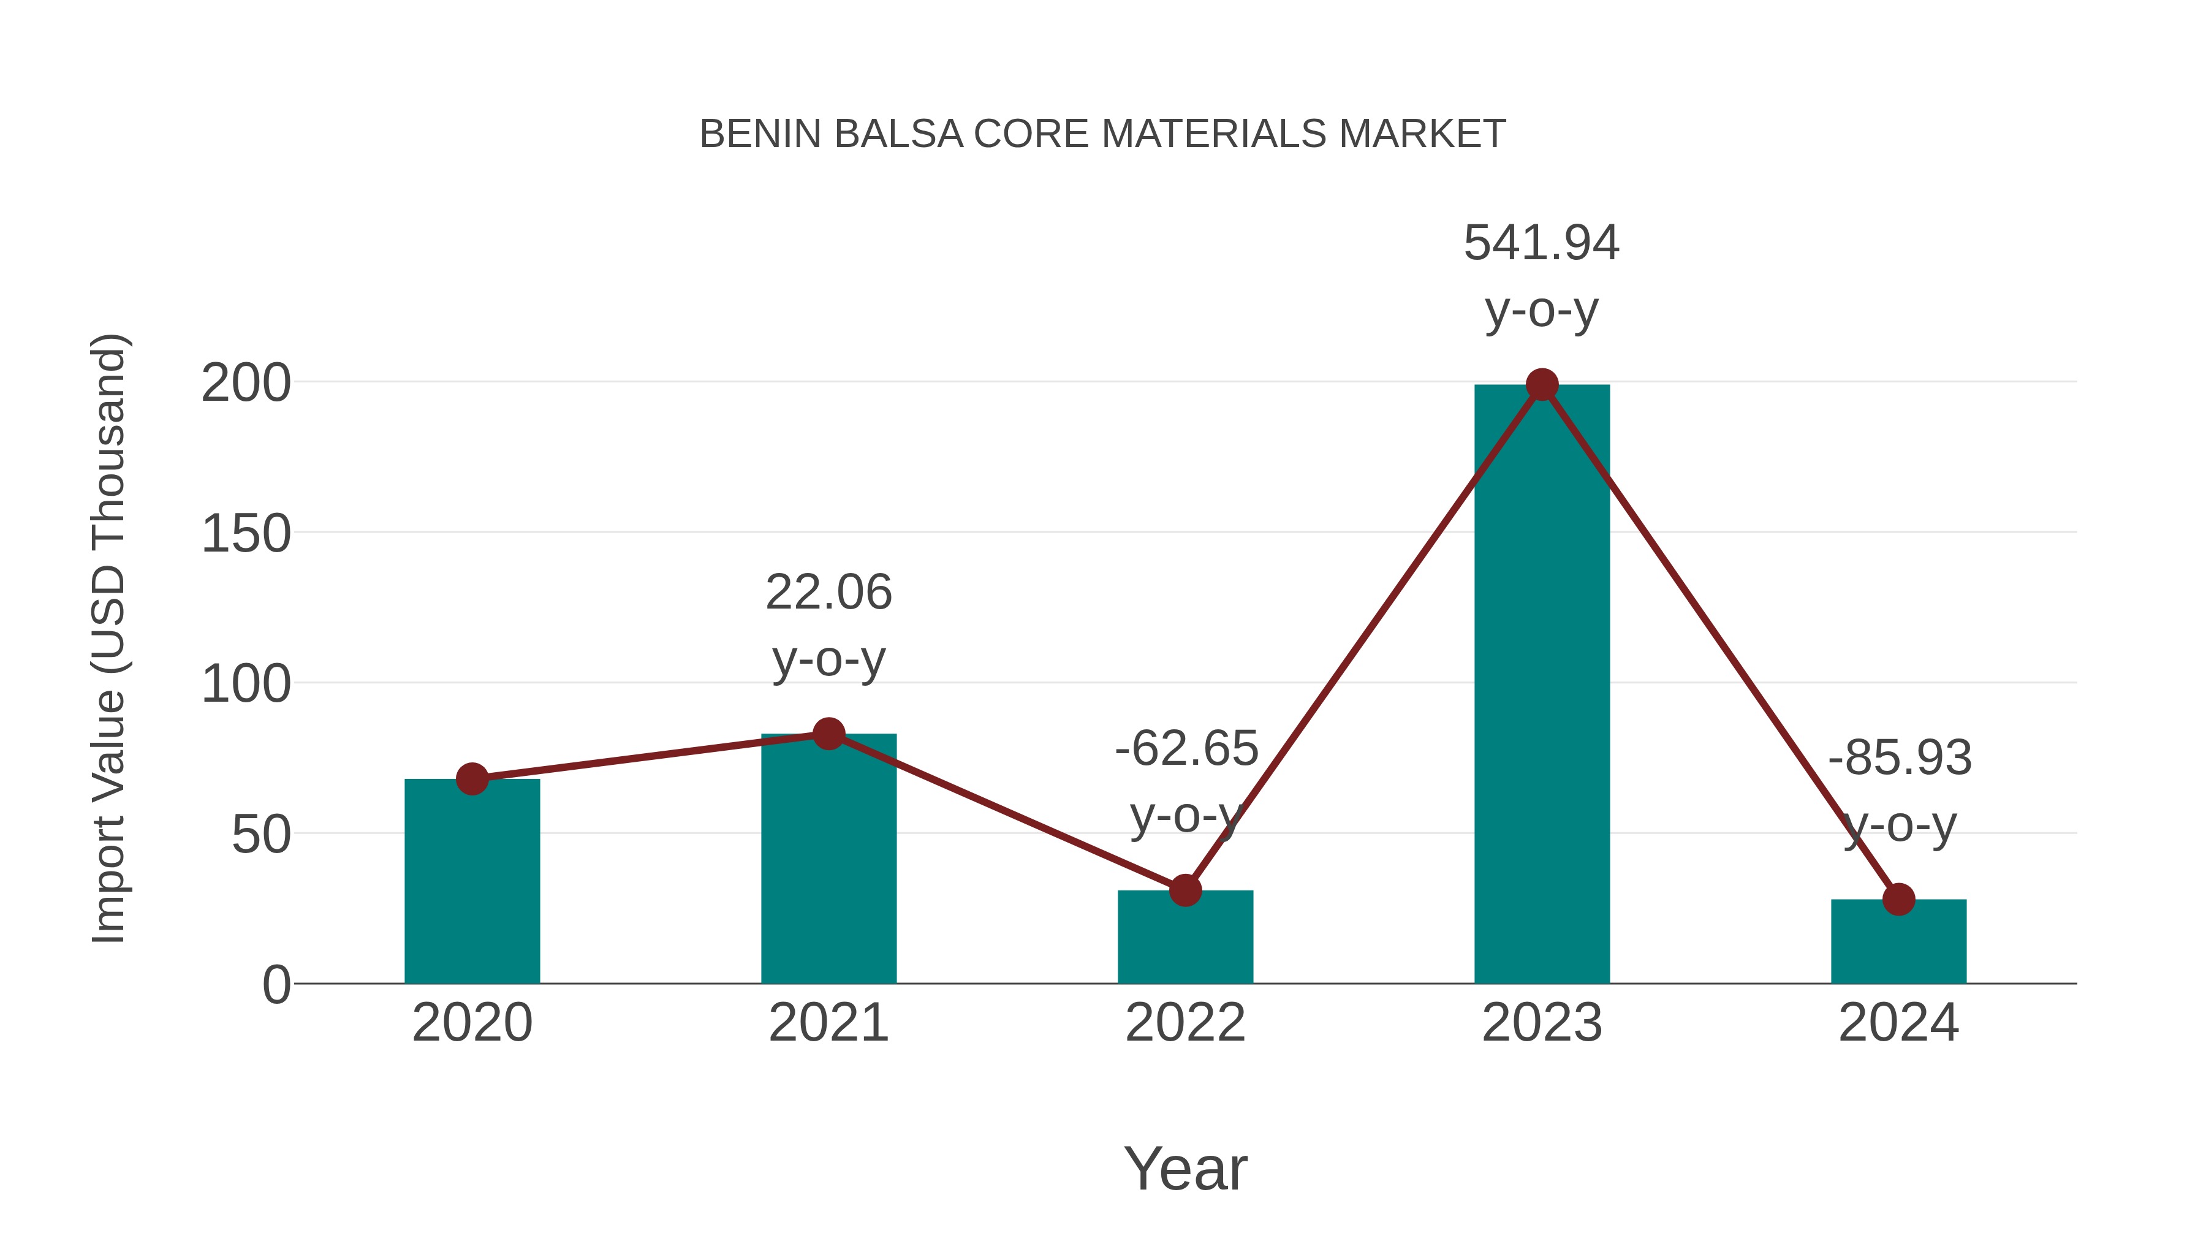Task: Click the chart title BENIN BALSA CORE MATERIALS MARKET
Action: click(x=1102, y=134)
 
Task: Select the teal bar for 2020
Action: click(x=472, y=882)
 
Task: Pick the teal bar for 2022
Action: click(x=1185, y=938)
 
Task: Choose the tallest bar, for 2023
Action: click(x=1542, y=685)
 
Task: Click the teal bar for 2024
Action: click(x=1898, y=942)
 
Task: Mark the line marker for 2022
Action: click(x=1185, y=890)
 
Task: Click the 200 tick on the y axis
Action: click(x=246, y=383)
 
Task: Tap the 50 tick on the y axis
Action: click(x=261, y=835)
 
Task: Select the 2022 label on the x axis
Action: click(x=1185, y=1023)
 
